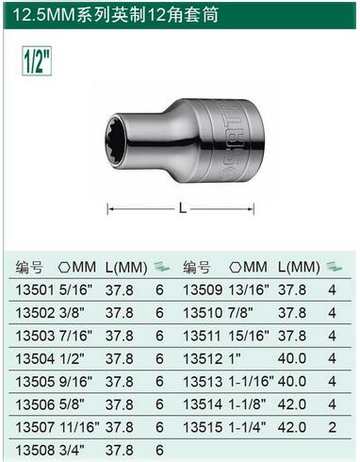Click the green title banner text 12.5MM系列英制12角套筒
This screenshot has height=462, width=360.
[115, 15]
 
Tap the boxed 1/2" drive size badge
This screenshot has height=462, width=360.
[37, 60]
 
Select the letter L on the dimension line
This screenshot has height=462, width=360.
[182, 207]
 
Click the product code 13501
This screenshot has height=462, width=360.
[35, 289]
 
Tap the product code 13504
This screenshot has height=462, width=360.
[35, 358]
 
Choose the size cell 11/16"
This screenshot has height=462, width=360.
[79, 427]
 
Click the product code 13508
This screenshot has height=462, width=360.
[35, 450]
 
